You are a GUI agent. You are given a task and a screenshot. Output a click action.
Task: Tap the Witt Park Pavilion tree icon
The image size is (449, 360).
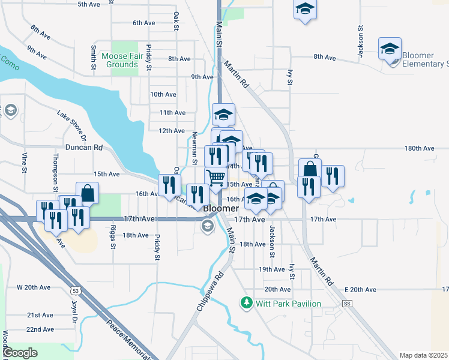tap(246, 303)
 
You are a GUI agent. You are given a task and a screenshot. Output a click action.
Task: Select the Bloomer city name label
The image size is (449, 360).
tap(221, 208)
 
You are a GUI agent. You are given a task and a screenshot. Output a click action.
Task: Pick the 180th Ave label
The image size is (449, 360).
tap(418, 148)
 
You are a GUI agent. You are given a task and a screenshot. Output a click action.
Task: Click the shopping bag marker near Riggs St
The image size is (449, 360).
tap(88, 193)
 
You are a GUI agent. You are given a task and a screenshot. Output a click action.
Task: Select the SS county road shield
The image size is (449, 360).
tap(347, 304)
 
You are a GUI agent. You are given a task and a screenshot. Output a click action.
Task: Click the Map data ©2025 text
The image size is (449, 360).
tap(423, 355)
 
